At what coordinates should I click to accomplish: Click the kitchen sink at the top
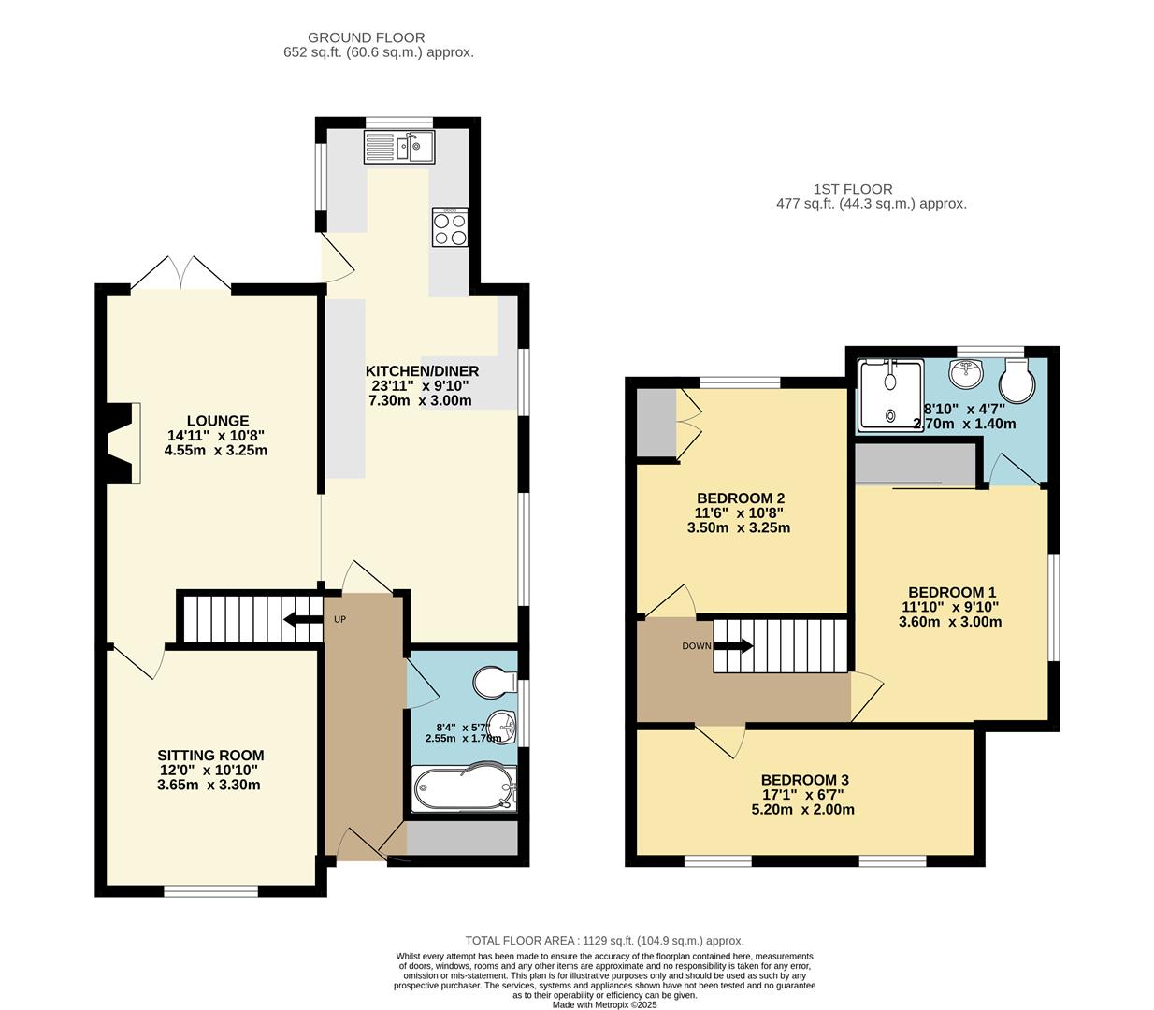(399, 148)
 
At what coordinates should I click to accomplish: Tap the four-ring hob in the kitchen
(450, 226)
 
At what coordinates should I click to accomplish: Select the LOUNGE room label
(217, 421)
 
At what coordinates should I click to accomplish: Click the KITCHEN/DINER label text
(422, 371)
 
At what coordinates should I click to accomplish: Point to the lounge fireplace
(123, 443)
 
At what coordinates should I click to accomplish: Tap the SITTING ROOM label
(210, 756)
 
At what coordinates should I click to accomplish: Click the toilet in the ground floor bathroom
(494, 682)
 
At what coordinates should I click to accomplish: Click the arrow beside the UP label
(302, 619)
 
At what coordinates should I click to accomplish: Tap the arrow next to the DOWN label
(738, 645)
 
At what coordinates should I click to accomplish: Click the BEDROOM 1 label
(952, 592)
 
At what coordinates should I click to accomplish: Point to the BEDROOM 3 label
(804, 780)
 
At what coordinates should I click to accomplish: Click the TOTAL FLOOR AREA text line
(604, 941)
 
